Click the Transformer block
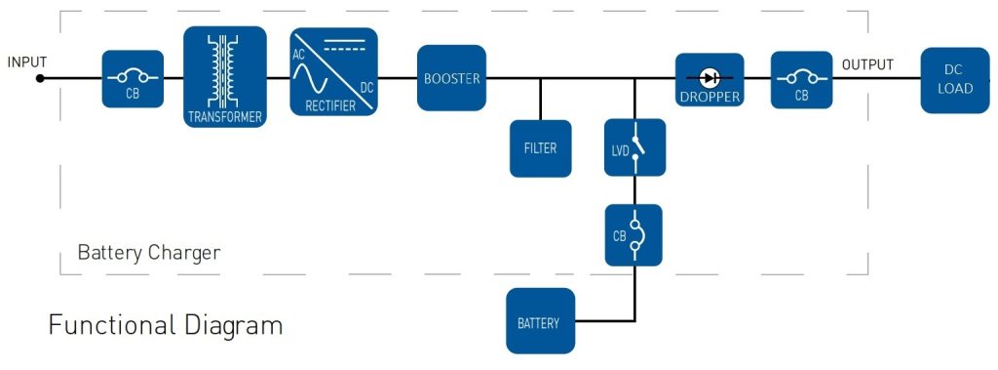tap(225, 76)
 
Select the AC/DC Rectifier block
tap(333, 71)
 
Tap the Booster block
tap(452, 78)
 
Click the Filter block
tap(540, 148)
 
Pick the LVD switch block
tap(634, 147)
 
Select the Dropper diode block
tap(710, 80)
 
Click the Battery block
tap(540, 321)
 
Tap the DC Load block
tap(955, 80)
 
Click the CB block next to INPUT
tap(133, 79)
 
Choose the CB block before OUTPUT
tap(801, 80)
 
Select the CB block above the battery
tap(633, 234)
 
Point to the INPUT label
tap(27, 62)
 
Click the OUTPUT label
tap(867, 64)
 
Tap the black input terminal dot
tap(40, 78)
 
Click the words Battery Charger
tap(149, 253)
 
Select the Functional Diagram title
tap(166, 325)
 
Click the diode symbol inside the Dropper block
tap(710, 78)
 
